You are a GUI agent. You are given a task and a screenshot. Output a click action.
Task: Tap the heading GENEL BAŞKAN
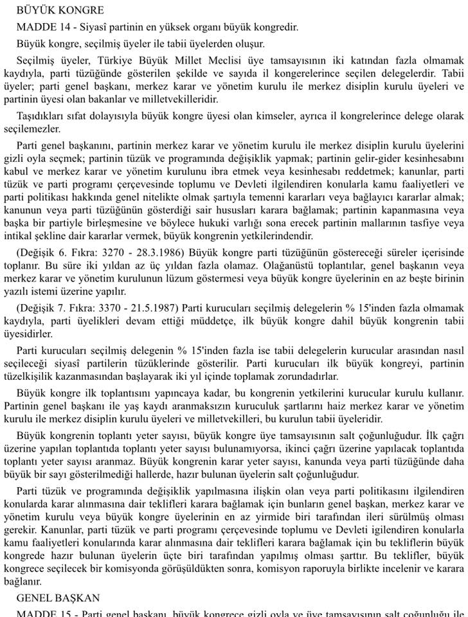pos(59,597)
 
